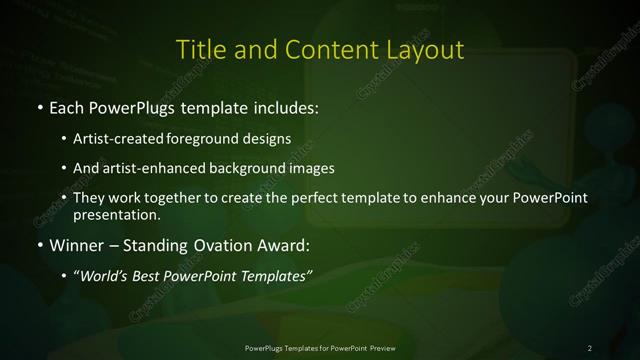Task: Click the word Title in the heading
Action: click(198, 50)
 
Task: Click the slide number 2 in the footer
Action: click(590, 347)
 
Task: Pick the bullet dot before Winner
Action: click(39, 245)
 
